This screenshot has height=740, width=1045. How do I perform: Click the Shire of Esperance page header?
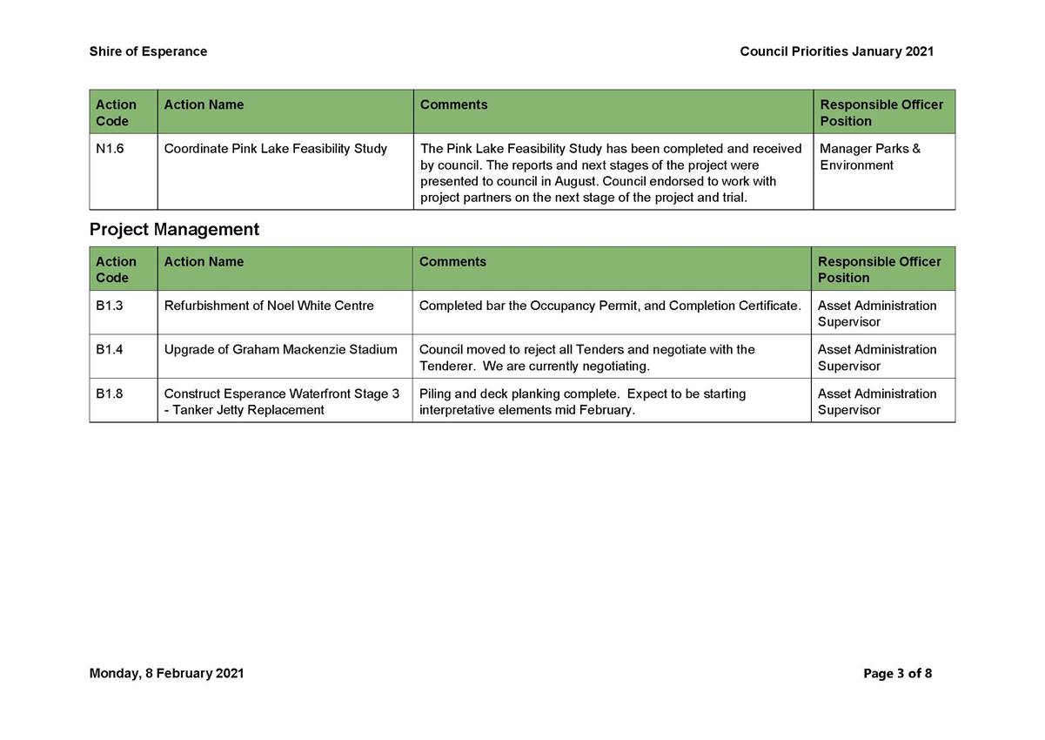pyautogui.click(x=148, y=51)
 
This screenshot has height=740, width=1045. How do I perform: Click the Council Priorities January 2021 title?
pyautogui.click(x=836, y=51)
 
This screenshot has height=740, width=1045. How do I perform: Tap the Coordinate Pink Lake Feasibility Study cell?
pyautogui.click(x=275, y=149)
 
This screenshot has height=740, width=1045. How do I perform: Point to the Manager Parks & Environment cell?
pyautogui.click(x=869, y=157)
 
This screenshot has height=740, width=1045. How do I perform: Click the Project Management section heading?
pyautogui.click(x=174, y=230)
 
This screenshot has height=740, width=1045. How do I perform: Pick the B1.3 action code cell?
pyautogui.click(x=110, y=306)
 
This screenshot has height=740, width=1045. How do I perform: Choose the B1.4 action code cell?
pyautogui.click(x=110, y=350)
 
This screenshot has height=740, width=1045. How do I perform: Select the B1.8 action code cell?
pyautogui.click(x=110, y=394)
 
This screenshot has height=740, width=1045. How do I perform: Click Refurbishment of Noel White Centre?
pyautogui.click(x=269, y=306)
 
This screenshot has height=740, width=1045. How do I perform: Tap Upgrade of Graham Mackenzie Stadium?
pyautogui.click(x=280, y=350)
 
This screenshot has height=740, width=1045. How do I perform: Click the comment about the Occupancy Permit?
pyautogui.click(x=609, y=306)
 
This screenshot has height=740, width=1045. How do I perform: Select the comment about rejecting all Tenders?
pyautogui.click(x=586, y=358)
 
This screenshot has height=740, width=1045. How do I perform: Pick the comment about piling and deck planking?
pyautogui.click(x=582, y=401)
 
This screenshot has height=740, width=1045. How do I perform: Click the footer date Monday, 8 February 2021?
pyautogui.click(x=166, y=673)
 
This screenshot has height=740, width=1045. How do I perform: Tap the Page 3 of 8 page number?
pyautogui.click(x=897, y=673)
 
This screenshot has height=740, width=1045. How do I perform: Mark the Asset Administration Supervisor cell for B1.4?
pyautogui.click(x=876, y=358)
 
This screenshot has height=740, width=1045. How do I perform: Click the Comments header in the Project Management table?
pyautogui.click(x=452, y=262)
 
